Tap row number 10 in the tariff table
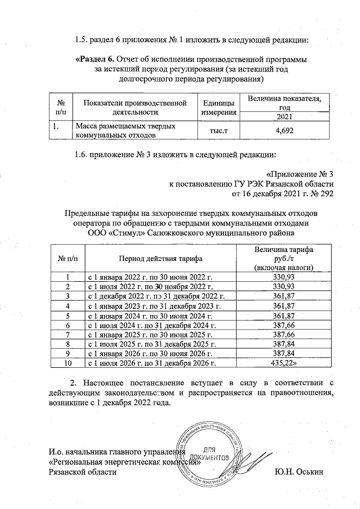(x=68, y=364)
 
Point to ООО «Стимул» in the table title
(x=118, y=233)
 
